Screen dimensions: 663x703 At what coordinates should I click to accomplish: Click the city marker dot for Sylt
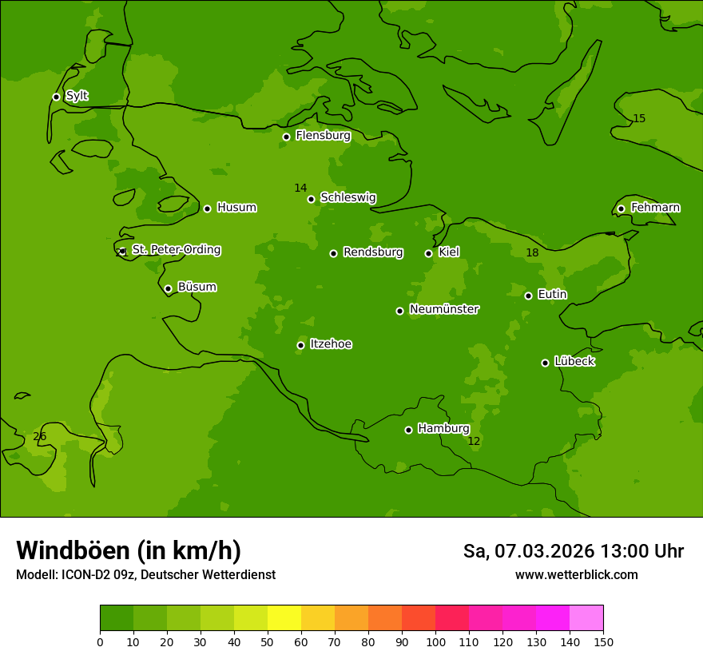pos(56,97)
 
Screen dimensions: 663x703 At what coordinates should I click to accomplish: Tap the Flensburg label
pos(323,136)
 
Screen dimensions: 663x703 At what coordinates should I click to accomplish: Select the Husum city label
pos(236,208)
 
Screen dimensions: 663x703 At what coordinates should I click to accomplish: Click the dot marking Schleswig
pos(311,199)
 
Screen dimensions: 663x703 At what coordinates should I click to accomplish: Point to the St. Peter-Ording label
pos(176,250)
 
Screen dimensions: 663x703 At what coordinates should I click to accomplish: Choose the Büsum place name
pos(197,287)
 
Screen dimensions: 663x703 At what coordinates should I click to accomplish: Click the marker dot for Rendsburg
pos(333,253)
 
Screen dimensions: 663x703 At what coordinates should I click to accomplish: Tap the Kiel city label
pos(448,252)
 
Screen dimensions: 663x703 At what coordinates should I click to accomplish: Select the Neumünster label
pos(443,309)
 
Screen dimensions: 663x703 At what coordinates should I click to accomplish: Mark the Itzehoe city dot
pos(300,345)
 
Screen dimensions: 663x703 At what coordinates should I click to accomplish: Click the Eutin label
pos(552,295)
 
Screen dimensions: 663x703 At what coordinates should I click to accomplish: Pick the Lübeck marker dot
pos(545,363)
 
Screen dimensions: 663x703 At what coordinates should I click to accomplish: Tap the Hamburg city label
pos(443,429)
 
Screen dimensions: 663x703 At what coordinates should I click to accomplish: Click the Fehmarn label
pos(655,208)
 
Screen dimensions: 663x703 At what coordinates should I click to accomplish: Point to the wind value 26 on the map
pos(39,436)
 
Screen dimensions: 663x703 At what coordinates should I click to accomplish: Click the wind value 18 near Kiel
pos(532,253)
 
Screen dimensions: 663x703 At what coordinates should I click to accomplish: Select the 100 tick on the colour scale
pos(435,641)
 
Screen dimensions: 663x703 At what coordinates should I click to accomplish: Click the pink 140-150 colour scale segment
pos(586,617)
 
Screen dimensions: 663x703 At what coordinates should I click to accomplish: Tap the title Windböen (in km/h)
pos(129,550)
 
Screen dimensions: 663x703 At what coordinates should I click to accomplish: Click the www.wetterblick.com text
pos(576,574)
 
